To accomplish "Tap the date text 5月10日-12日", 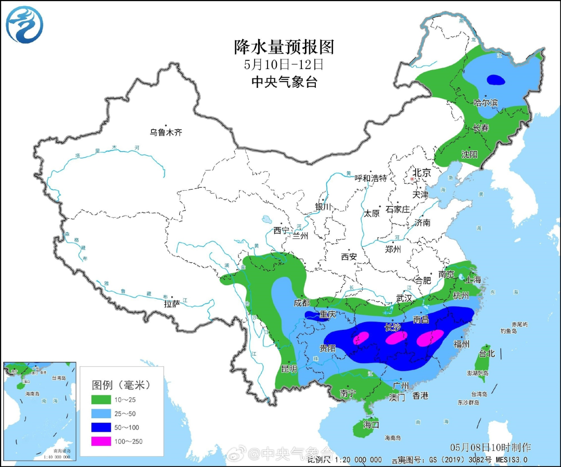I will [283, 65].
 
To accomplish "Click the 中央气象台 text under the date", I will [283, 82].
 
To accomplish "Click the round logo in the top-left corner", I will [24, 24].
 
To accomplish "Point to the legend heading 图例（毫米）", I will [121, 385].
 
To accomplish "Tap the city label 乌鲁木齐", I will [166, 132].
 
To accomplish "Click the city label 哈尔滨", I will [486, 103].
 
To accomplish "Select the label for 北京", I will [421, 172].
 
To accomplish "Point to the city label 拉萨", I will [172, 303].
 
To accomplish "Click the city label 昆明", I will [289, 369].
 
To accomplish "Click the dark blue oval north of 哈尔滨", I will [496, 80].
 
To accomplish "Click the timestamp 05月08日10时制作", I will [490, 447].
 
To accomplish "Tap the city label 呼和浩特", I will [370, 178].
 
